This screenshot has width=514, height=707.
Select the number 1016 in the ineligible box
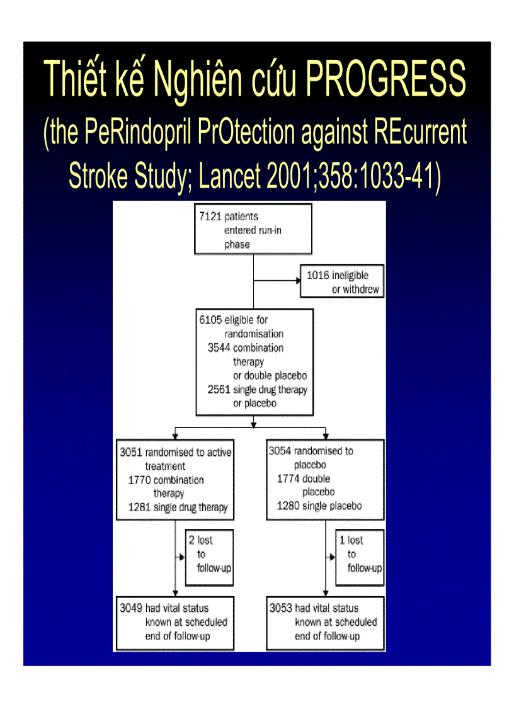pyautogui.click(x=317, y=276)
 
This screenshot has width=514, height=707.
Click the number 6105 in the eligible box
pyautogui.click(x=210, y=320)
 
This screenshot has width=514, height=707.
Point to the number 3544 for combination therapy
pyautogui.click(x=220, y=348)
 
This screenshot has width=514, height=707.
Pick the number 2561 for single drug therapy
pyautogui.click(x=220, y=390)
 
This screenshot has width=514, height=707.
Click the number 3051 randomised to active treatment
pyautogui.click(x=131, y=452)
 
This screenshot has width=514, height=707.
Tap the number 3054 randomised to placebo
pyautogui.click(x=280, y=451)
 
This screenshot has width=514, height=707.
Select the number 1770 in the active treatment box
pyautogui.click(x=140, y=480)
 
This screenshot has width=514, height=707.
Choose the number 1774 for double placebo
pyautogui.click(x=289, y=479)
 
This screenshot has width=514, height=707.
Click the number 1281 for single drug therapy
pyautogui.click(x=140, y=507)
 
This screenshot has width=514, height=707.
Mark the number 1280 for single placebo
pyautogui.click(x=289, y=506)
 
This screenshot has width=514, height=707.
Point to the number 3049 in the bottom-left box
pyautogui.click(x=131, y=609)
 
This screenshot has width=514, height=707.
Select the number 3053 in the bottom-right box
pyautogui.click(x=281, y=609)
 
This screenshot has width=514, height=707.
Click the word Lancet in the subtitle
pyautogui.click(x=229, y=178)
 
